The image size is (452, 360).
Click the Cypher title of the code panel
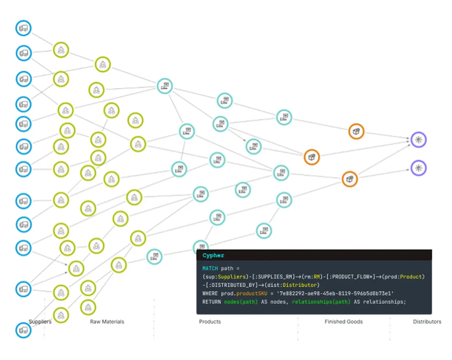(x=213, y=256)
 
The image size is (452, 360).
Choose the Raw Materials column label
(x=107, y=322)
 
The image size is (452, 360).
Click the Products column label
(x=210, y=322)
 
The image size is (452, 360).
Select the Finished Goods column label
(x=343, y=322)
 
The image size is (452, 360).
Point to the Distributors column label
(x=427, y=322)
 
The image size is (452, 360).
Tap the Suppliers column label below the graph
(x=40, y=322)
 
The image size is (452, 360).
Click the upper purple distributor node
(x=418, y=140)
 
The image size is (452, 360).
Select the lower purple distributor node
(x=418, y=168)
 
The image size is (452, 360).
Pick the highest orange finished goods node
(x=356, y=131)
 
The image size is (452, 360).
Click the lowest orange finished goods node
(x=350, y=179)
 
